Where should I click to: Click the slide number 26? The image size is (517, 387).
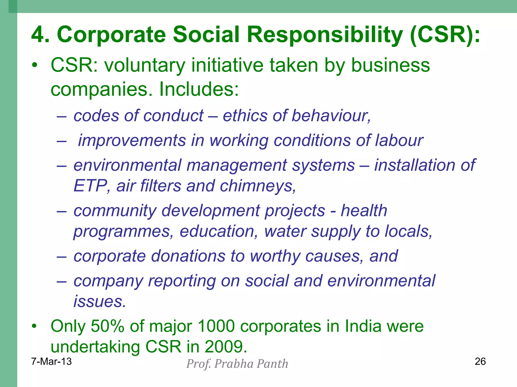tap(480, 362)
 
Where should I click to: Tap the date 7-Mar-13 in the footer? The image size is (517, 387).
tap(51, 362)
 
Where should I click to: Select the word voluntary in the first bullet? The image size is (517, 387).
tap(145, 65)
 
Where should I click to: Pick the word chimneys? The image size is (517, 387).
tap(258, 186)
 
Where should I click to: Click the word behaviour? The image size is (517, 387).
tap(331, 116)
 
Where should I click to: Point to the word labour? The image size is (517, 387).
tap(399, 140)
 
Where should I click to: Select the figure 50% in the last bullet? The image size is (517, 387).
tap(107, 326)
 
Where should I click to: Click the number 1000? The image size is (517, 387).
tap(216, 326)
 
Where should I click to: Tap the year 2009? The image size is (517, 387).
tap(225, 347)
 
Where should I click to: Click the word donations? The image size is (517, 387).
tap(188, 256)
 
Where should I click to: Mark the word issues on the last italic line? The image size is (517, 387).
tap(99, 301)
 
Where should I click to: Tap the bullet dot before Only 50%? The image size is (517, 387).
tap(34, 327)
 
